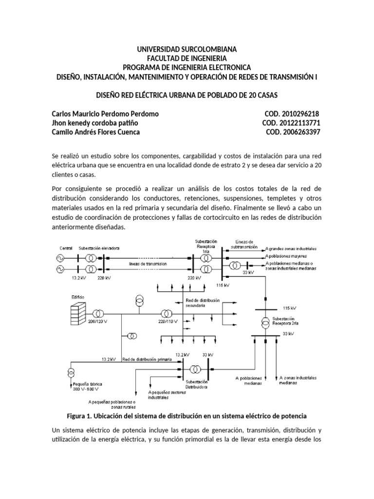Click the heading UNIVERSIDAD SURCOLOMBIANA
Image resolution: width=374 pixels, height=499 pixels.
(x=187, y=50)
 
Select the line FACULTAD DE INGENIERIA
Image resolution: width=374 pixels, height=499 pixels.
(x=187, y=58)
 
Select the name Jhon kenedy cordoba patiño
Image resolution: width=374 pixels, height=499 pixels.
(x=97, y=123)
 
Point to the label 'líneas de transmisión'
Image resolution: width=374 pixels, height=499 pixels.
(x=148, y=264)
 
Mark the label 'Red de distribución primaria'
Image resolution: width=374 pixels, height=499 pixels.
(x=148, y=360)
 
